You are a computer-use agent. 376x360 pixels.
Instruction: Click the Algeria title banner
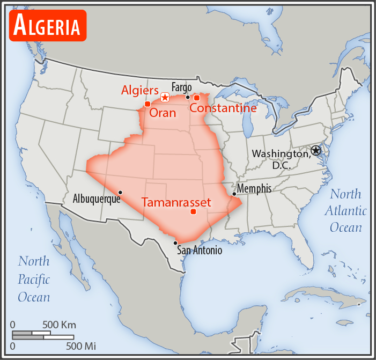(x=48, y=25)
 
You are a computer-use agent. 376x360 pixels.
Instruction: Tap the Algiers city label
(x=139, y=90)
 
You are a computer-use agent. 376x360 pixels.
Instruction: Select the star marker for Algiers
(x=165, y=97)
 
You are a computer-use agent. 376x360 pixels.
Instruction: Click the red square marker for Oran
(x=147, y=104)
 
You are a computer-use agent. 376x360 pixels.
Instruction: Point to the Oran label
(x=163, y=113)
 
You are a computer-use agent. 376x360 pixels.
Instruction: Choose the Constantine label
(x=223, y=108)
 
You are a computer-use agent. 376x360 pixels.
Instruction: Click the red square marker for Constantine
(x=197, y=98)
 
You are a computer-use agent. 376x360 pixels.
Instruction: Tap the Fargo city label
(x=181, y=87)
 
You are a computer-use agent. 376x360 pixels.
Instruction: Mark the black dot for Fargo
(x=188, y=97)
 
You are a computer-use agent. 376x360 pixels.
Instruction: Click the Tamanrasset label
(x=176, y=203)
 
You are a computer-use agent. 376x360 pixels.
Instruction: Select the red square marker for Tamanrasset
(x=193, y=211)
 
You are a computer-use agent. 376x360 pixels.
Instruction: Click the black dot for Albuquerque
(x=120, y=192)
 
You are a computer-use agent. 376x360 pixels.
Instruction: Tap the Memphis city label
(x=254, y=188)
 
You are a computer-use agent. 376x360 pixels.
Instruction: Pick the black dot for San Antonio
(x=175, y=243)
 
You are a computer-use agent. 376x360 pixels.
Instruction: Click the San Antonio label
(x=200, y=250)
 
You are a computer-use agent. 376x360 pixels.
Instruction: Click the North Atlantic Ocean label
(x=345, y=211)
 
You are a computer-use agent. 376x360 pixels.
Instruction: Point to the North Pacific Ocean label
(x=34, y=279)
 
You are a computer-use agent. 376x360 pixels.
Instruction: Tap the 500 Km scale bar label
(x=60, y=325)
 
